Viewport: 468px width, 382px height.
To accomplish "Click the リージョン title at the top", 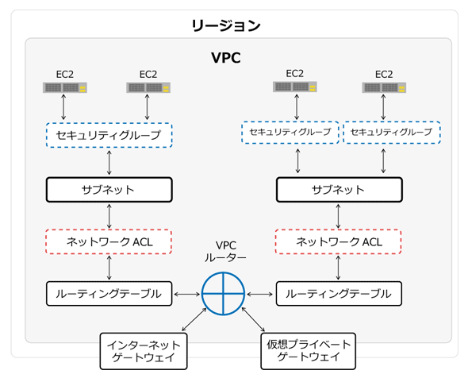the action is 226,25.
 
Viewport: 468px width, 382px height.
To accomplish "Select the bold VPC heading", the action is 226,58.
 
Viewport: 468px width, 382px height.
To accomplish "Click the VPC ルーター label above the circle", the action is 225,252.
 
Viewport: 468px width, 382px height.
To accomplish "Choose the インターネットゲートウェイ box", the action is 144,351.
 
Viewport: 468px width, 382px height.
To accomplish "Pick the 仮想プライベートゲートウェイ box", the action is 309,351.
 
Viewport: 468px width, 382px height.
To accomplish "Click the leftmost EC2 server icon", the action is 65,87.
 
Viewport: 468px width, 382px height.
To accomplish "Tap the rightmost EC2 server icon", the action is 384,87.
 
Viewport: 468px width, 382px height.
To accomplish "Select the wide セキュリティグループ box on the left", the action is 109,135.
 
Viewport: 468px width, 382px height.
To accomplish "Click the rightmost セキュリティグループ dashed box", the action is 392,132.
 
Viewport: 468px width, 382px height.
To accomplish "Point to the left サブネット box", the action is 109,190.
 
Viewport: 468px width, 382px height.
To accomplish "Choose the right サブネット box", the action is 339,190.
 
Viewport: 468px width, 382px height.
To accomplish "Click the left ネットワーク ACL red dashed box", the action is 109,241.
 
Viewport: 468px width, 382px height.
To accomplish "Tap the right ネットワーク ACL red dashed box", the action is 338,241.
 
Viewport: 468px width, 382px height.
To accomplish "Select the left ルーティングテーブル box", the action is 109,294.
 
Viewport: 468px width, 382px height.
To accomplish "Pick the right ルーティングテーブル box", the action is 339,294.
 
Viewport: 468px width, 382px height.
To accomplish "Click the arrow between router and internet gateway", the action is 194,319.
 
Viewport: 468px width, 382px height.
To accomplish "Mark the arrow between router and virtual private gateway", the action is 253,319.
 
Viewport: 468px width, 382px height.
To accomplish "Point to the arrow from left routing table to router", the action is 187,295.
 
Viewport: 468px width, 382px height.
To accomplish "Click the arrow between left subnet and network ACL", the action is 109,216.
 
